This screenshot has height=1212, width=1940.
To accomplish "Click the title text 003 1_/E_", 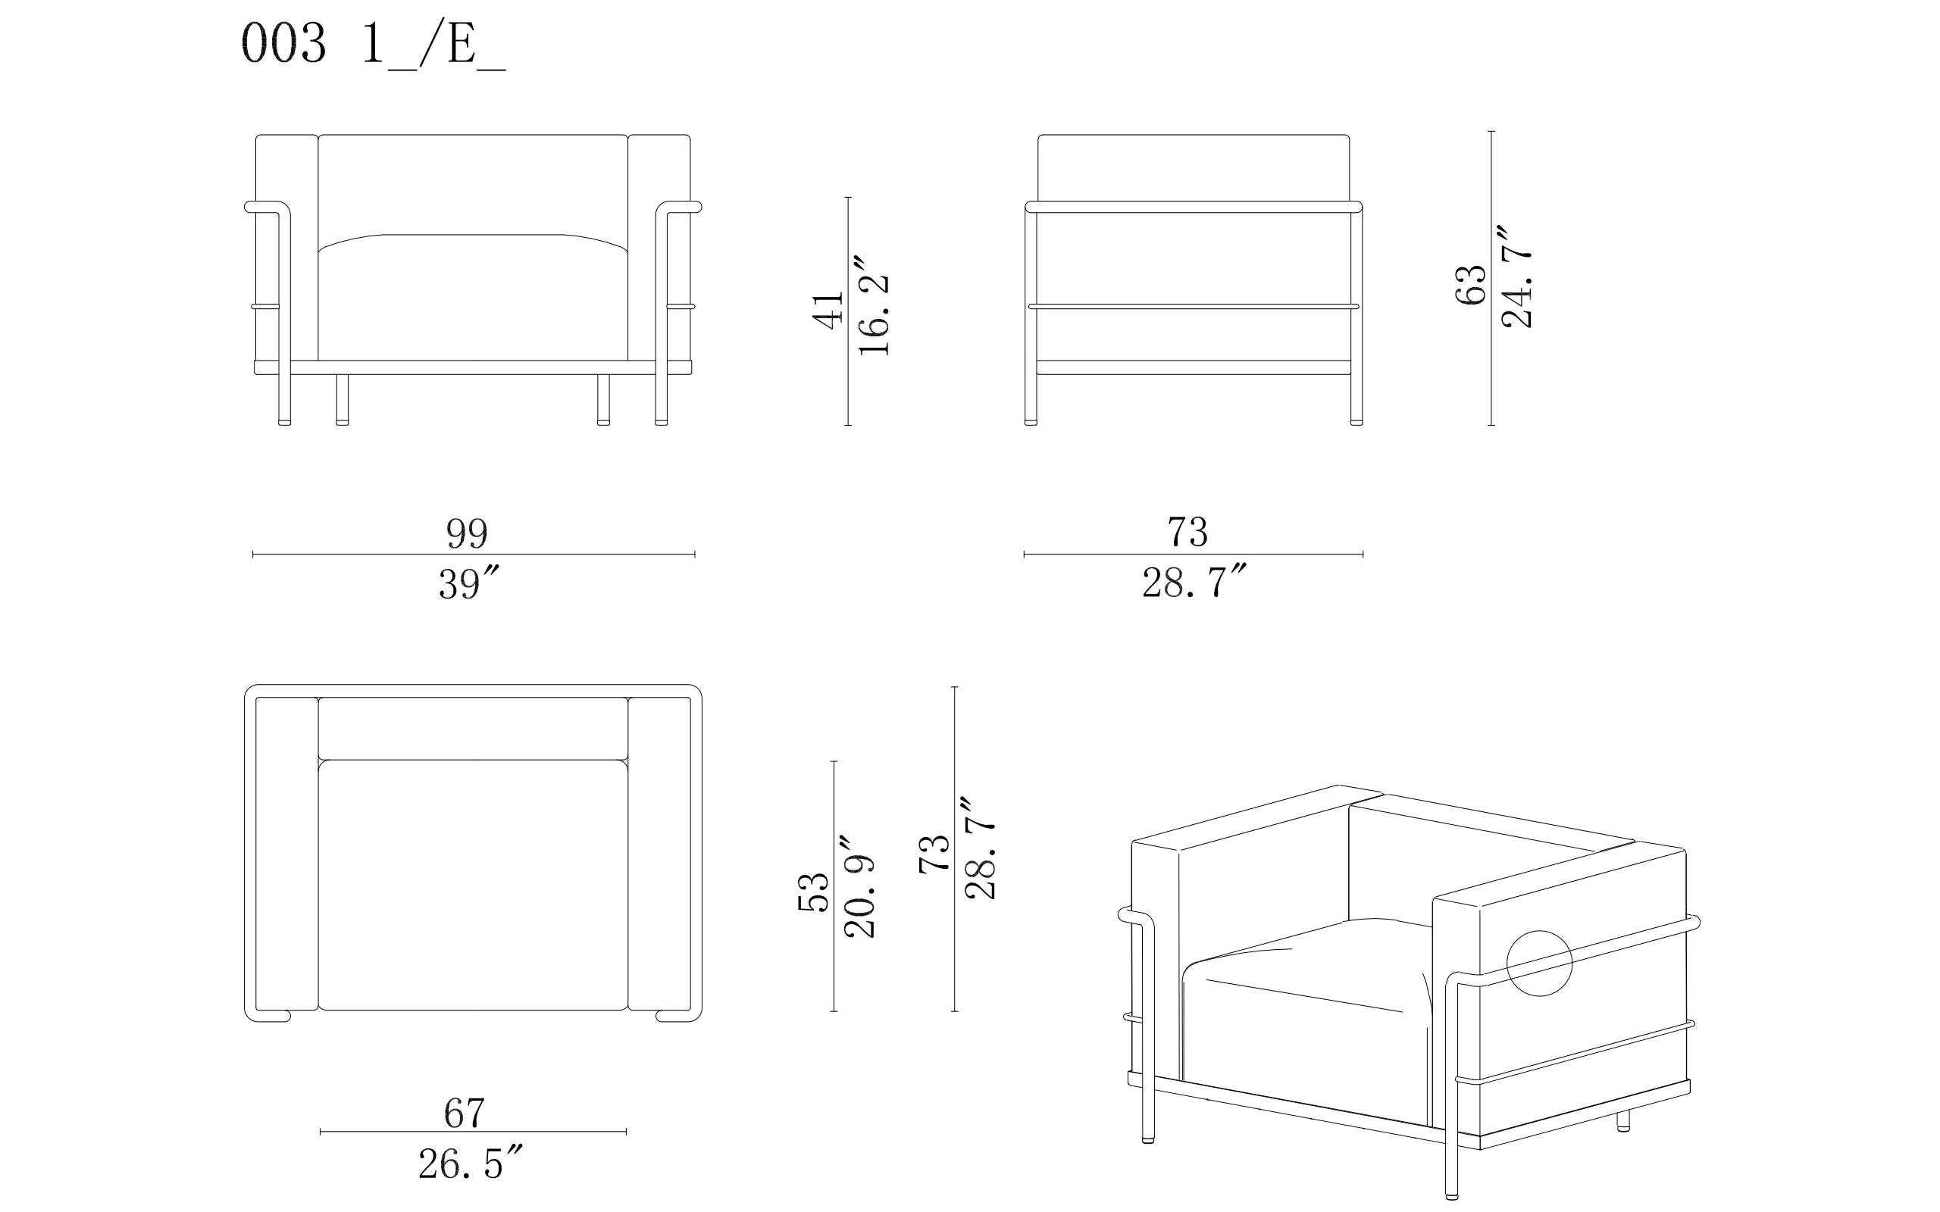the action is click(374, 45).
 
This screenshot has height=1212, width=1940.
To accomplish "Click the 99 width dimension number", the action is click(467, 533).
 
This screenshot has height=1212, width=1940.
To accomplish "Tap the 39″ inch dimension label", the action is click(470, 583).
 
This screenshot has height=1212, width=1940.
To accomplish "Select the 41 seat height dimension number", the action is click(828, 311).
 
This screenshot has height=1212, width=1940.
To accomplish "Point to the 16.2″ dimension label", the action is click(874, 306).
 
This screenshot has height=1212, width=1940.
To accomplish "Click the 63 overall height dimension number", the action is click(1470, 285).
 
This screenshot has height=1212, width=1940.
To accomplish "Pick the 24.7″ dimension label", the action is click(1516, 276).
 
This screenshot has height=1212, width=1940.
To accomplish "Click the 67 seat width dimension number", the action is click(465, 1113).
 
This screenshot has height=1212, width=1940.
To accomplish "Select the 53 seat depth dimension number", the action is click(813, 892).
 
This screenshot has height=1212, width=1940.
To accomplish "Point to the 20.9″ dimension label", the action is click(859, 886).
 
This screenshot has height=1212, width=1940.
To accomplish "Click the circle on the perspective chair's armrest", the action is click(1539, 964).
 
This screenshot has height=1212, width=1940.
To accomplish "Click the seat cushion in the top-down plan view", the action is click(473, 885).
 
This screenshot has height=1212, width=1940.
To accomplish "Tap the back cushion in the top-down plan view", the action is click(473, 728).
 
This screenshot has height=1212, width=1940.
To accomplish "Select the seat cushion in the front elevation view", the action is click(473, 297).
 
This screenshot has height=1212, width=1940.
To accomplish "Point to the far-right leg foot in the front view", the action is click(662, 423).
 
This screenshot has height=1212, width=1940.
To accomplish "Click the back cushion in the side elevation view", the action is click(1194, 167).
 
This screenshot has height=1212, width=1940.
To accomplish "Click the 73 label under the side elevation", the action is click(1187, 533).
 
